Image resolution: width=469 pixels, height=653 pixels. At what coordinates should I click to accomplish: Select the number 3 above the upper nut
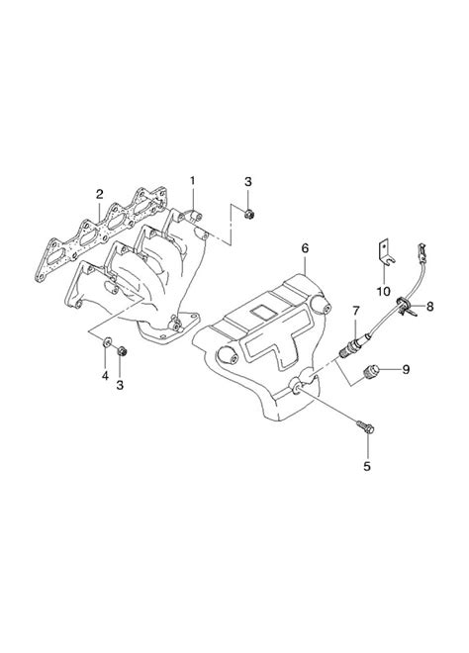coord(249,180)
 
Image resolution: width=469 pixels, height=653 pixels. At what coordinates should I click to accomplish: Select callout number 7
coord(353,311)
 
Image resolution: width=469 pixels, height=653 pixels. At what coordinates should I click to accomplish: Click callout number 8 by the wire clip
coord(428,308)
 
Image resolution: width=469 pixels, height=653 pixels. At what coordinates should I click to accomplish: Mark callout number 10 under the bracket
coord(383,290)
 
